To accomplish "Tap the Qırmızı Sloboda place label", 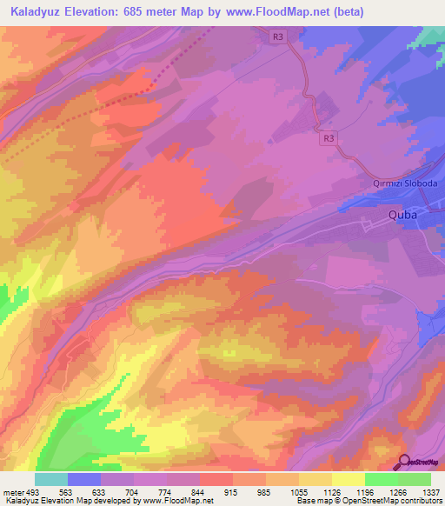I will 400,184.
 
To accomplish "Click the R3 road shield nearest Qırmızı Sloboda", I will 328,137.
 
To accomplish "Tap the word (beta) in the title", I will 346,12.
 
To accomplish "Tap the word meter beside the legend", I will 12,491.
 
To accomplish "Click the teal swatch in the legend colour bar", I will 51,479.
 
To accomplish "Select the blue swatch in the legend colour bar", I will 84,479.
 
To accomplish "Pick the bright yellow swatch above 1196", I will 348,479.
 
